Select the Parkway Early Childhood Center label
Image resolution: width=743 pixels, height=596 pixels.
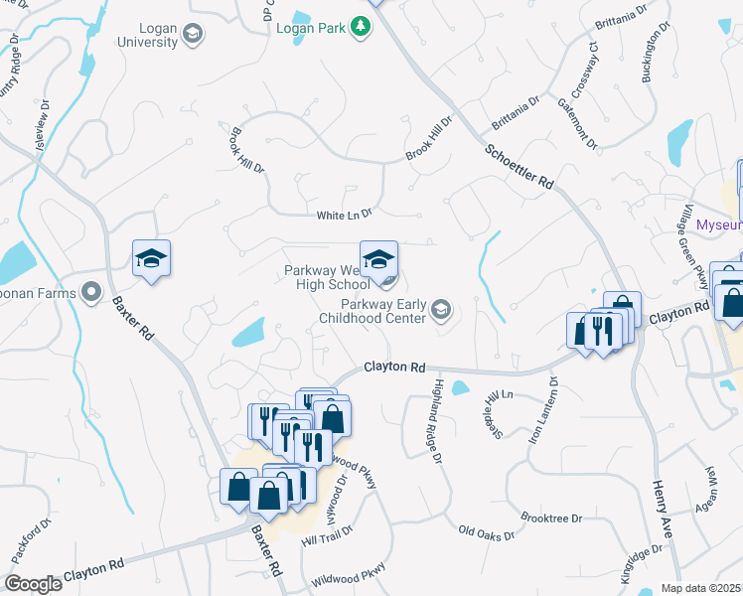pyautogui.click(x=383, y=313)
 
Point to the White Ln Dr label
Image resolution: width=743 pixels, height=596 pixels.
pyautogui.click(x=344, y=214)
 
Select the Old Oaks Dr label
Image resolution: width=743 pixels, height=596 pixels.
pyautogui.click(x=487, y=534)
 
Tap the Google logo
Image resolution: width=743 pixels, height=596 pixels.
pyautogui.click(x=33, y=584)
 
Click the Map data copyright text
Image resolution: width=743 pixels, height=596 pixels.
pyautogui.click(x=701, y=589)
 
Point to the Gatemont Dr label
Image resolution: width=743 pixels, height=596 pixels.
pyautogui.click(x=577, y=123)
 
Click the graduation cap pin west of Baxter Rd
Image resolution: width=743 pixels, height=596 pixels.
pyautogui.click(x=151, y=259)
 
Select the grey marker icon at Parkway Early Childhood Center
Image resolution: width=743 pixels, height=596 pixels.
pyautogui.click(x=441, y=312)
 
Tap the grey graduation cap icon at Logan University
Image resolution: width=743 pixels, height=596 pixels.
pyautogui.click(x=194, y=34)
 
